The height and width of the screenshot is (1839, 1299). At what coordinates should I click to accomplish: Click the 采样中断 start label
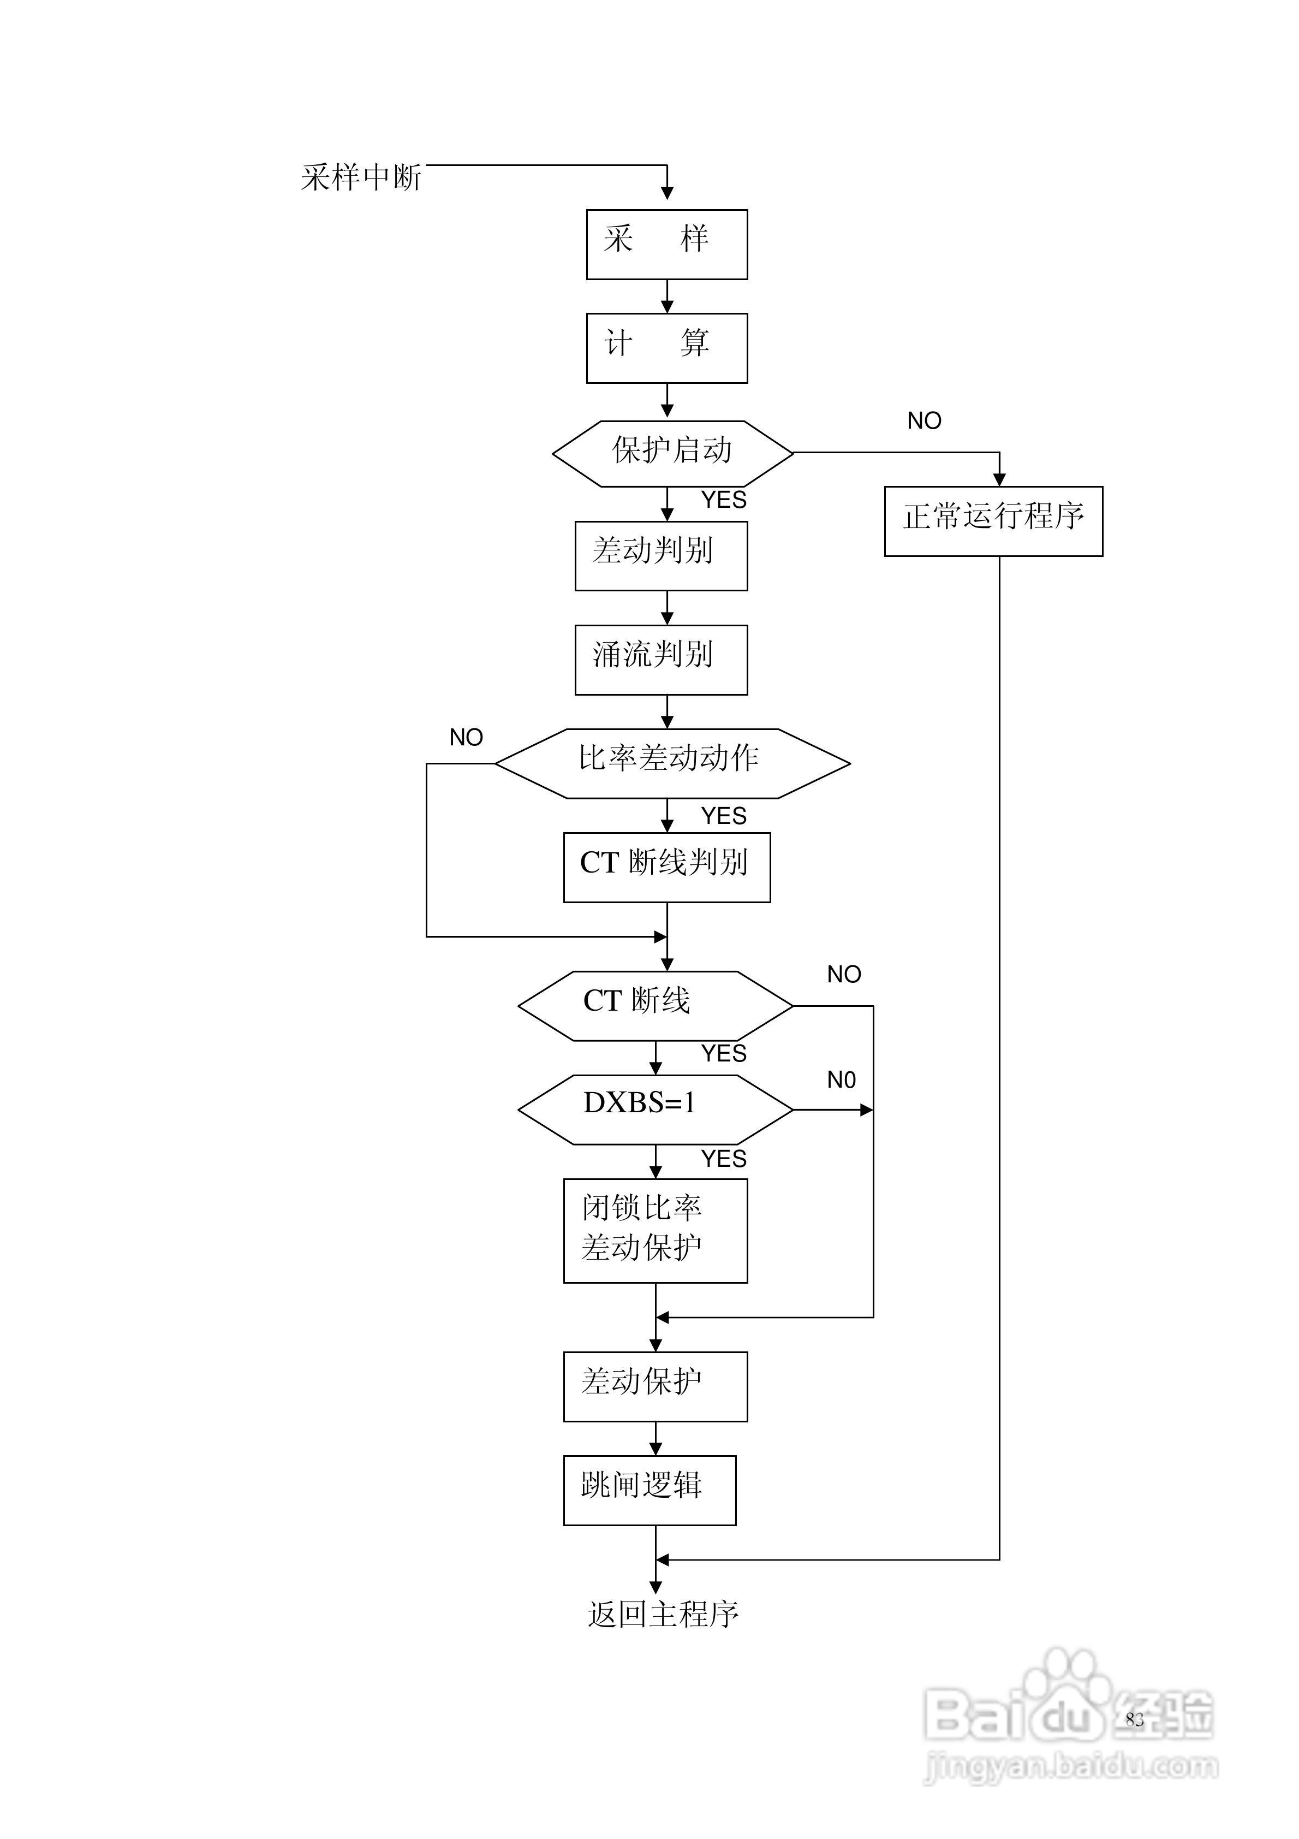(x=361, y=177)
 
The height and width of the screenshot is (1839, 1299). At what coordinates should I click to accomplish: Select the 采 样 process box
(x=666, y=244)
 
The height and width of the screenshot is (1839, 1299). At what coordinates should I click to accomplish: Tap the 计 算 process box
(x=666, y=348)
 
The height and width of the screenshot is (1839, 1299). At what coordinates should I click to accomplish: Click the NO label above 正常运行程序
(x=923, y=420)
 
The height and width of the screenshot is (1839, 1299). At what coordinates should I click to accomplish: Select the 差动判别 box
(x=661, y=556)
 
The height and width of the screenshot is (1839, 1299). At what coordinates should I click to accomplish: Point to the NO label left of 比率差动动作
(x=466, y=737)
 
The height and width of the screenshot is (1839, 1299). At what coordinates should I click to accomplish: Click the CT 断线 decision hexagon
(x=655, y=1005)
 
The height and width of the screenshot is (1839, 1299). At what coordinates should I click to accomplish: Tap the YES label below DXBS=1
(x=723, y=1158)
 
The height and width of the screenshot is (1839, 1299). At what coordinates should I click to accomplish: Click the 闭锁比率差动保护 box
(x=655, y=1230)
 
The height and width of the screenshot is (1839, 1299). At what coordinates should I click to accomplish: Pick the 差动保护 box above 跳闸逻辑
(x=655, y=1386)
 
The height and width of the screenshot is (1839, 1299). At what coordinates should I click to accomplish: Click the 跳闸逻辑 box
(x=649, y=1490)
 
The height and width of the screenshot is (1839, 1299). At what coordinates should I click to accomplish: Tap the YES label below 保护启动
(x=723, y=500)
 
